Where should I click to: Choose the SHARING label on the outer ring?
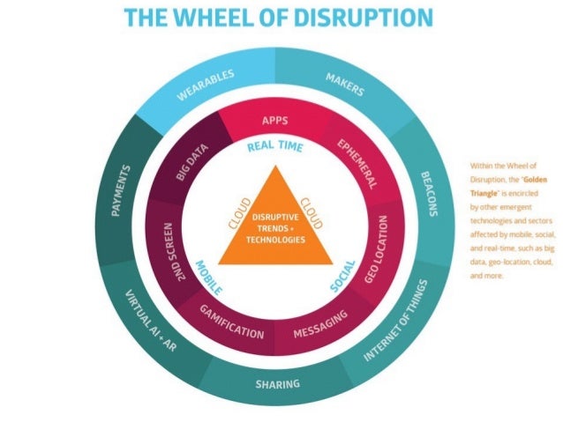coord(277,383)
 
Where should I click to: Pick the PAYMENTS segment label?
coord(125,190)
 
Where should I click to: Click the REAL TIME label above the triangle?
coord(274,147)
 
